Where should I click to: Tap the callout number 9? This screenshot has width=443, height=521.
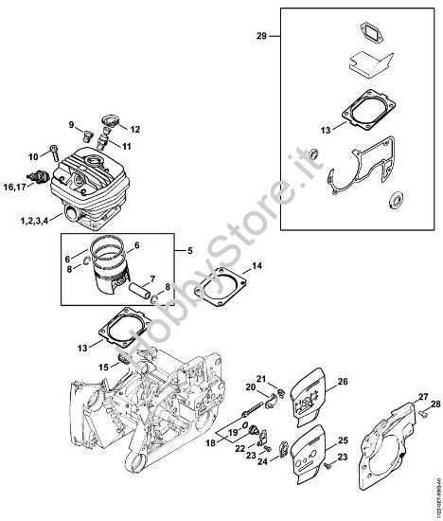(x=70, y=125)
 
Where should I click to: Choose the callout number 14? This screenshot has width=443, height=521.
(x=258, y=267)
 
